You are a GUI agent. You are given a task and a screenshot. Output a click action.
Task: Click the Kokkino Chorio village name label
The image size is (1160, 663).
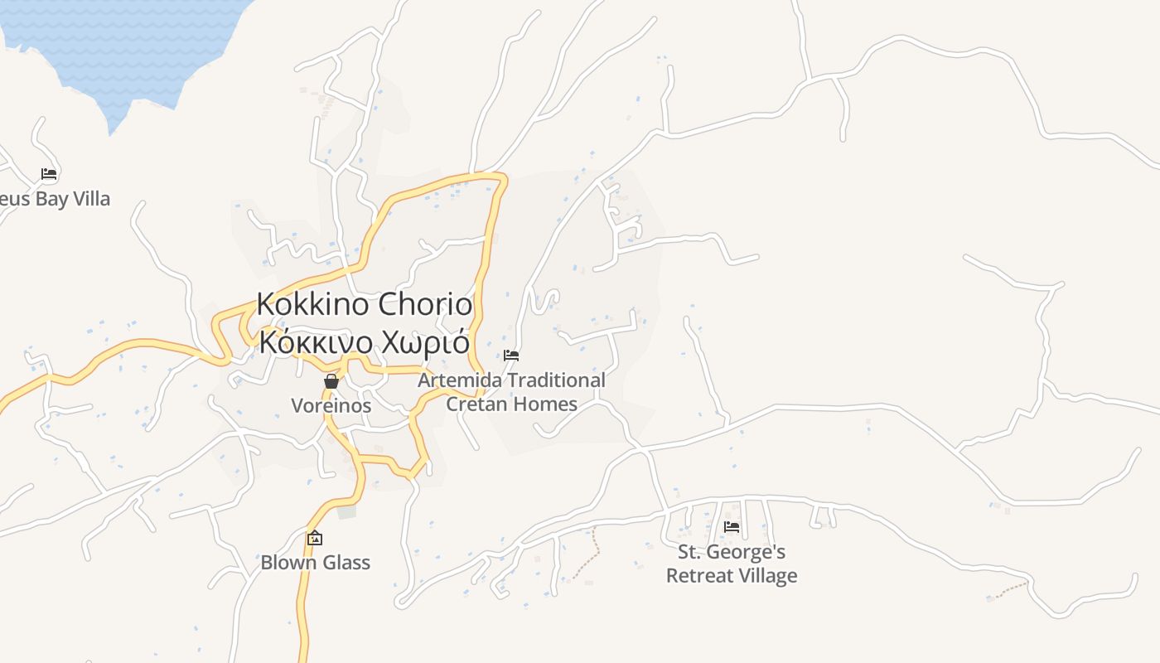tap(365, 304)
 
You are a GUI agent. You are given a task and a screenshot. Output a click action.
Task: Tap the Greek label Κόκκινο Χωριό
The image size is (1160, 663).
tap(365, 341)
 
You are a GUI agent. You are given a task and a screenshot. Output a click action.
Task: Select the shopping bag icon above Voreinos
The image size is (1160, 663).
tap(331, 381)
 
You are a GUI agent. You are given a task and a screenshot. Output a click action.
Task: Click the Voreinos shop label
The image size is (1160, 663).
tap(331, 406)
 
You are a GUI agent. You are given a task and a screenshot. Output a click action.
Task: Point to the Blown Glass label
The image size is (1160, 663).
tap(315, 563)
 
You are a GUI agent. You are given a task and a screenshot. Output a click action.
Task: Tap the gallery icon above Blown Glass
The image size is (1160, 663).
tap(315, 539)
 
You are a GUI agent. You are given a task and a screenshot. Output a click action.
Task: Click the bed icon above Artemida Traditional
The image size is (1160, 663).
tap(511, 356)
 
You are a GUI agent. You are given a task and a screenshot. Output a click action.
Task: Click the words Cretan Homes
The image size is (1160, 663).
tap(511, 404)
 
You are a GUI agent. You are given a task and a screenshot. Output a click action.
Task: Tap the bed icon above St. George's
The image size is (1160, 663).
tap(732, 526)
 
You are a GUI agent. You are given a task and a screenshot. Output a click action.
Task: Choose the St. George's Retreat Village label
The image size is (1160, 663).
tap(732, 564)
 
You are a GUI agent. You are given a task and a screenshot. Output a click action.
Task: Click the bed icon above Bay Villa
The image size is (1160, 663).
tap(49, 174)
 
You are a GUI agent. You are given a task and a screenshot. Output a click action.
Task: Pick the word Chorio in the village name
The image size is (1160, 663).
tap(425, 304)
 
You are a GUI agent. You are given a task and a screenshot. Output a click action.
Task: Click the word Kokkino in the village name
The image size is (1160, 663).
tap(313, 304)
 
